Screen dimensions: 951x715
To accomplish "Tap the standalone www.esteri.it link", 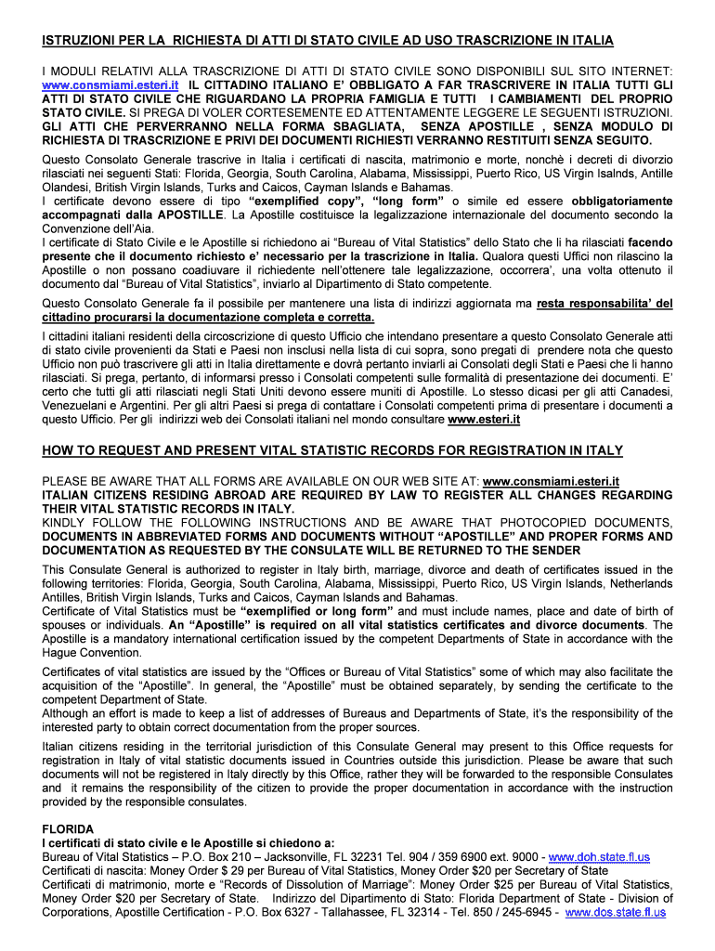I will pyautogui.click(x=484, y=419).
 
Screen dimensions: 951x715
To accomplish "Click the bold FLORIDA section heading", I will pyautogui.click(x=68, y=828).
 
